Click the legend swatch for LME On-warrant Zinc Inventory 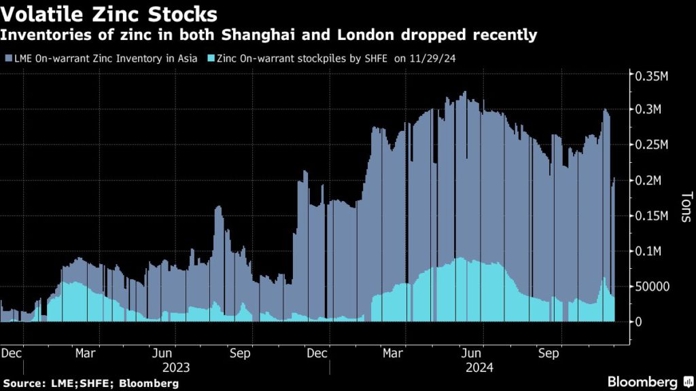pos(8,59)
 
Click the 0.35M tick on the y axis pos(652,75)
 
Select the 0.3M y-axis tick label pos(649,110)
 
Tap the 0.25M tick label pos(652,145)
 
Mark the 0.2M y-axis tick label pos(649,181)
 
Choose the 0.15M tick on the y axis pos(652,216)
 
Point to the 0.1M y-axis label pos(649,251)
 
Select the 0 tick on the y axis pos(638,322)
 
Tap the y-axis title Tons pos(684,207)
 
